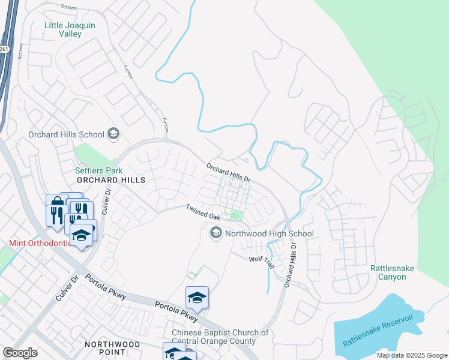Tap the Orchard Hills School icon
[113, 134]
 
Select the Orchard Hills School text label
[66, 134]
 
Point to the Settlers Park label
[94, 170]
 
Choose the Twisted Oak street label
[202, 211]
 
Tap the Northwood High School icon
[215, 233]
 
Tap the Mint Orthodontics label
[37, 244]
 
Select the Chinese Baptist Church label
[220, 337]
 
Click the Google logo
[20, 353]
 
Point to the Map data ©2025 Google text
[411, 355]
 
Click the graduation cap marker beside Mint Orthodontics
[82, 235]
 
